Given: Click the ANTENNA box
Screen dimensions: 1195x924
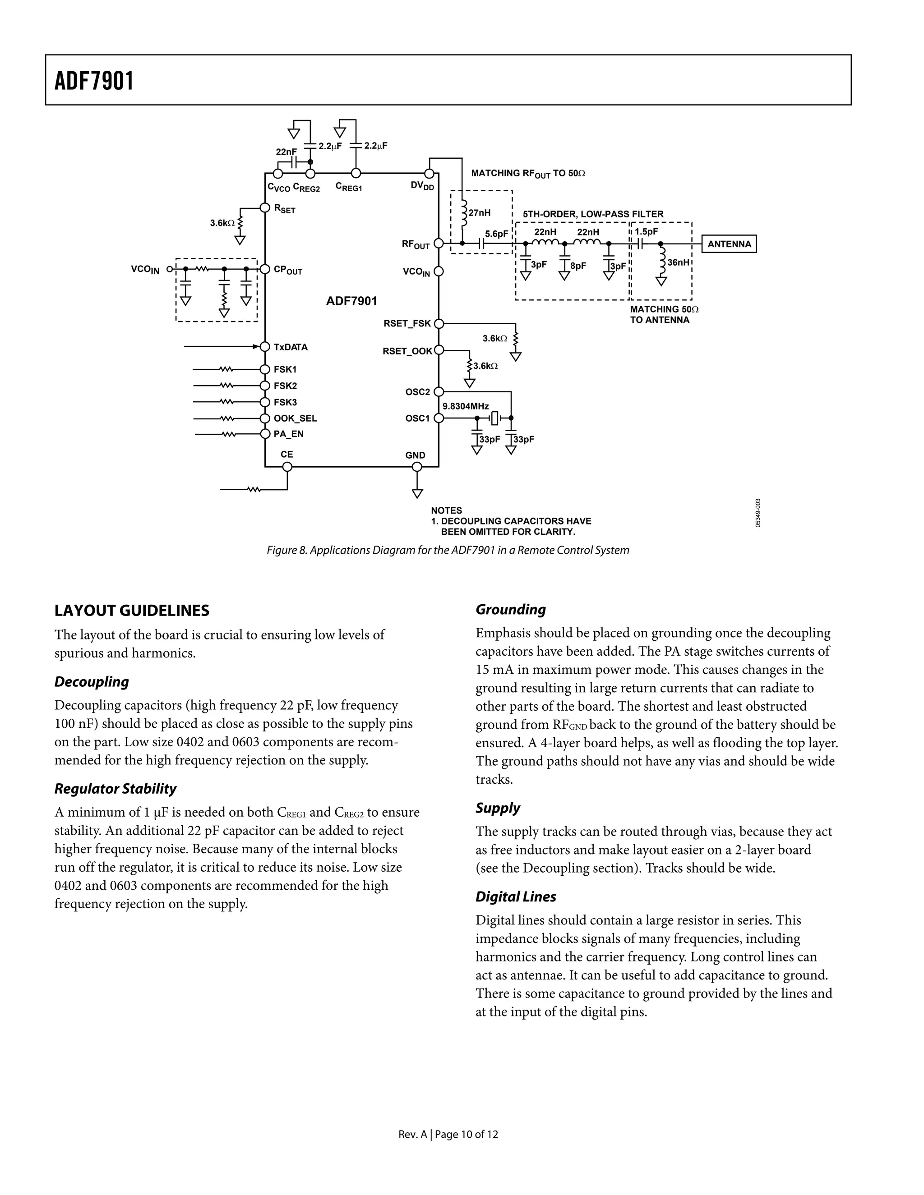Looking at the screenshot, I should [729, 244].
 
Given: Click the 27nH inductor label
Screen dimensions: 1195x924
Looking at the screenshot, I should [480, 213].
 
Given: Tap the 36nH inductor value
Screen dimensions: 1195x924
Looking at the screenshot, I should [678, 262].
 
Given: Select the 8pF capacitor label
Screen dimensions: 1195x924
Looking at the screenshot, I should [578, 266].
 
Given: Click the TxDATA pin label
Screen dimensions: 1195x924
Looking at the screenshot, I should [291, 347].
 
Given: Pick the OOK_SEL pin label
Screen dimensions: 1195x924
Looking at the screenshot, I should [295, 418].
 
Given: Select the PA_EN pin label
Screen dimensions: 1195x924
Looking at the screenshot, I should [288, 434].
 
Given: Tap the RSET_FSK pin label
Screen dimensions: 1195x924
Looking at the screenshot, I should [407, 323].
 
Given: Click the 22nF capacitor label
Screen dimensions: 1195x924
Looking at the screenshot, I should [286, 152].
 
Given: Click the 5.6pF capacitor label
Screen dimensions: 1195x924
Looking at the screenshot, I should [496, 234].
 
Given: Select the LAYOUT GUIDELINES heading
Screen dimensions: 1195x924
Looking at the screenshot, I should [132, 610].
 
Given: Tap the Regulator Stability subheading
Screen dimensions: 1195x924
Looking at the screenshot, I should [115, 788].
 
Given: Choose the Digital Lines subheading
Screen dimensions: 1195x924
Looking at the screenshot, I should [515, 896].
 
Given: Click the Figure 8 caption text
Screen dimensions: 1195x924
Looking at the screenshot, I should [447, 550].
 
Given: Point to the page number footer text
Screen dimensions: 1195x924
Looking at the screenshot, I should [448, 1134].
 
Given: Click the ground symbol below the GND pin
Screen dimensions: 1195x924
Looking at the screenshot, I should [417, 493].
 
